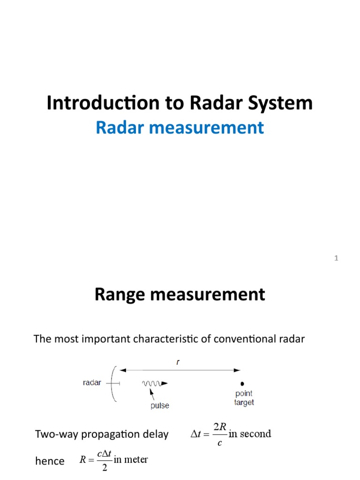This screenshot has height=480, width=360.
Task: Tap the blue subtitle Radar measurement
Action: point(180,127)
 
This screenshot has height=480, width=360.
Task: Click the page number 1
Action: point(336,258)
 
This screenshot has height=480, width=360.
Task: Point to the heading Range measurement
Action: point(180,295)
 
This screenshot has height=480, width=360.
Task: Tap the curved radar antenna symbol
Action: point(113,384)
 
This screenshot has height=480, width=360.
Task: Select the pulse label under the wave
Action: point(160,406)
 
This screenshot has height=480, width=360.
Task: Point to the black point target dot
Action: point(242,383)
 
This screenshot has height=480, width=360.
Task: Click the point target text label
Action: point(244,398)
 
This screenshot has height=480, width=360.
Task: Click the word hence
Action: point(50,461)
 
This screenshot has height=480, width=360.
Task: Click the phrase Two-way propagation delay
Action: point(102,435)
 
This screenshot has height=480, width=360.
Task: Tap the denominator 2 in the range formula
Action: point(105,469)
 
